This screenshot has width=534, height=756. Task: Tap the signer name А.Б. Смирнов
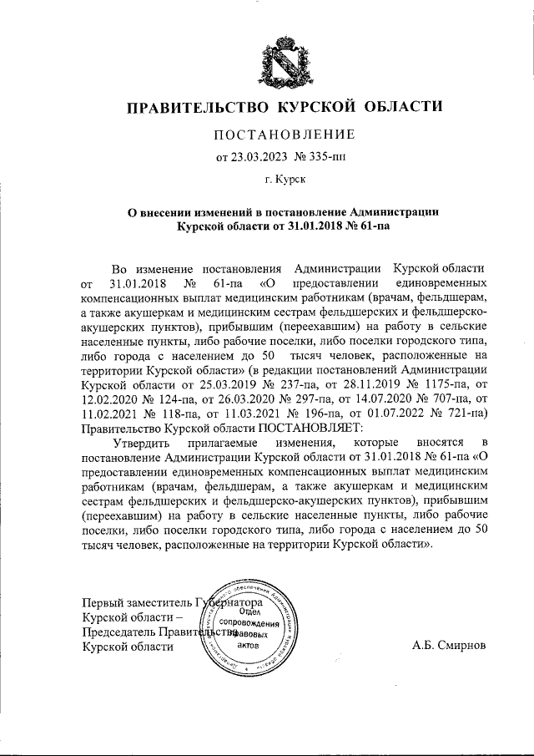[448, 646]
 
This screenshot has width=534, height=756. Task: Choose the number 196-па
[320, 414]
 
